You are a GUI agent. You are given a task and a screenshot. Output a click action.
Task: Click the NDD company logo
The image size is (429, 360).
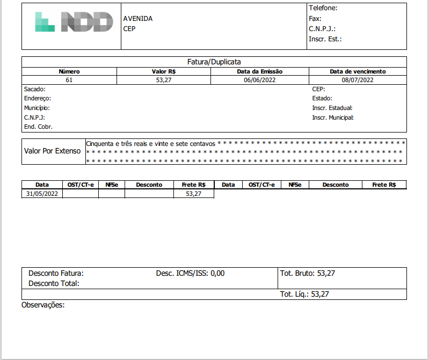[x=74, y=21]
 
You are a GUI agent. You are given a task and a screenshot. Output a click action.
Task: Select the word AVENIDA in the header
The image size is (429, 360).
[x=138, y=19]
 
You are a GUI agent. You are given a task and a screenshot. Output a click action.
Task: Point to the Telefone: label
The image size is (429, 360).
[x=323, y=8]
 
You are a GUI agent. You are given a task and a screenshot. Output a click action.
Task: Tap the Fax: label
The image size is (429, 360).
[x=315, y=18]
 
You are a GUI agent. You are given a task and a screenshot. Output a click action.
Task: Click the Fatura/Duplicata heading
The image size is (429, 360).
[x=214, y=62]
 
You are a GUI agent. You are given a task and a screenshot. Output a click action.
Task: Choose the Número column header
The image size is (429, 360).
[x=69, y=71]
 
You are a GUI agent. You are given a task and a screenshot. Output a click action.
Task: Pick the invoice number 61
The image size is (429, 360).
[x=69, y=80]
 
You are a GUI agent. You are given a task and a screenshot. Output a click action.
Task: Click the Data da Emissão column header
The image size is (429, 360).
[x=260, y=71]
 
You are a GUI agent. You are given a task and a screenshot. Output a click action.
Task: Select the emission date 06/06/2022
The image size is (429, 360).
[x=260, y=80]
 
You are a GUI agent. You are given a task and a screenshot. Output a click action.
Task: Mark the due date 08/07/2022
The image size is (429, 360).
[x=358, y=80]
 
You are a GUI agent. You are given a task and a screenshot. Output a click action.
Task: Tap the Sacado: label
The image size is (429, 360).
[x=35, y=89]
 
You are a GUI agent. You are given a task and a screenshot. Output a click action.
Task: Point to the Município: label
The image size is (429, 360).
[x=37, y=108]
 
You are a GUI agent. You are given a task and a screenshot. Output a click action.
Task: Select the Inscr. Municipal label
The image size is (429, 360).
[x=333, y=117]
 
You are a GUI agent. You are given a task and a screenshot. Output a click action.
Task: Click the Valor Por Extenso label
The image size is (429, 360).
[x=53, y=151]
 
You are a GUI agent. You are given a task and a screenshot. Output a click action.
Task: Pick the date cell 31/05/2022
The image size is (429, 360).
[x=42, y=194]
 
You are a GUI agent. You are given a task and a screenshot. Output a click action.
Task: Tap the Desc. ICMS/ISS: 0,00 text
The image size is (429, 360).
[x=190, y=273]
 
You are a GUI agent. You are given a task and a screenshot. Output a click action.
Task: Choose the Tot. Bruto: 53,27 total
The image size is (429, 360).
[x=308, y=273]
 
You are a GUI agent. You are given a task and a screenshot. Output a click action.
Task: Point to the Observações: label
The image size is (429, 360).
[x=43, y=305]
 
